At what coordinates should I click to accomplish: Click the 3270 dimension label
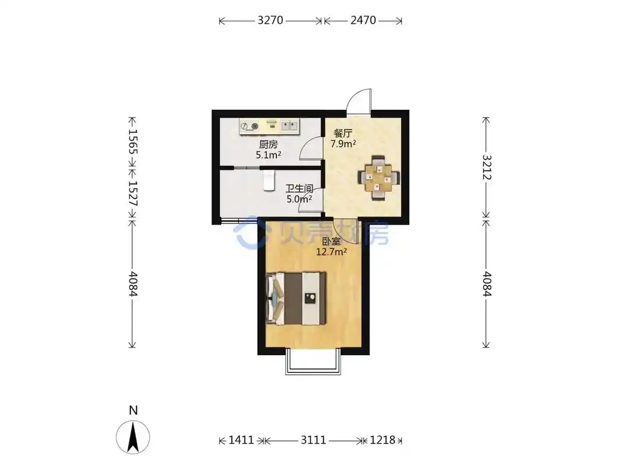(x=271, y=20)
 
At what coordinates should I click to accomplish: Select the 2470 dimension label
(x=363, y=20)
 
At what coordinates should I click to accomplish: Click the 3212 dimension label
(x=487, y=167)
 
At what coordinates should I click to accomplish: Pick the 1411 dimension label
(x=242, y=440)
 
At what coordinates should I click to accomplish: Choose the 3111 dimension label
(x=313, y=440)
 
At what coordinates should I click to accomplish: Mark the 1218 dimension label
(x=382, y=440)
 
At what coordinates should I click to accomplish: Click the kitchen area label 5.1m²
(x=268, y=155)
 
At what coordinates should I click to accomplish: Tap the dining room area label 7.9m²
(x=343, y=144)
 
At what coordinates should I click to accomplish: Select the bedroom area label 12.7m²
(x=332, y=252)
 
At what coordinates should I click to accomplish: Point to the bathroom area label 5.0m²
(x=299, y=199)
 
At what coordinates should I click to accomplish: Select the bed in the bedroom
(x=296, y=298)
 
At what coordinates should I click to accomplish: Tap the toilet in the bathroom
(x=269, y=181)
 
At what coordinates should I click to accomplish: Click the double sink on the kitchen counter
(x=289, y=126)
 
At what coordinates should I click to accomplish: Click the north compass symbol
(x=133, y=437)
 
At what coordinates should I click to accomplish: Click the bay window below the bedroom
(x=313, y=362)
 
